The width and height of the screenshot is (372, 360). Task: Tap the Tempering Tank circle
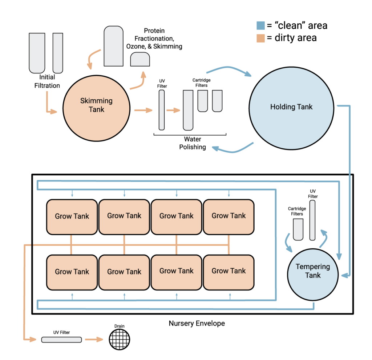pyautogui.click(x=313, y=271)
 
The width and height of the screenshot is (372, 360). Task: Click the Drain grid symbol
pyautogui.click(x=120, y=339)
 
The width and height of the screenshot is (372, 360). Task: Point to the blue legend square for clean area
pyautogui.click(x=260, y=25)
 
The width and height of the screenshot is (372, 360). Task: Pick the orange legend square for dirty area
pyautogui.click(x=260, y=38)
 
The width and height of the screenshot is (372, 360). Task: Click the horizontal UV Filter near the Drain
pyautogui.click(x=61, y=340)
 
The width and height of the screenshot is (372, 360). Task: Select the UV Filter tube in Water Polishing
pyautogui.click(x=162, y=110)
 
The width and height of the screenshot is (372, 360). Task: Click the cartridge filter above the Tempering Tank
pyautogui.click(x=298, y=229)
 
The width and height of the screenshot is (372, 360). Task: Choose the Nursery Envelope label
pyautogui.click(x=197, y=323)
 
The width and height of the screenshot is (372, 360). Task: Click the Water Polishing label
pyautogui.click(x=193, y=143)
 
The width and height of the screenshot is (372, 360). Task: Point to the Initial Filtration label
pyautogui.click(x=47, y=81)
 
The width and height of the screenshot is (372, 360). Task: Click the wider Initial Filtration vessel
pyautogui.click(x=37, y=53)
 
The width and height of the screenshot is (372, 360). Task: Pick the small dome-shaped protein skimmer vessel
pyautogui.click(x=140, y=59)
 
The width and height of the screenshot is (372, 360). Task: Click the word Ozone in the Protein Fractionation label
pyautogui.click(x=135, y=46)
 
